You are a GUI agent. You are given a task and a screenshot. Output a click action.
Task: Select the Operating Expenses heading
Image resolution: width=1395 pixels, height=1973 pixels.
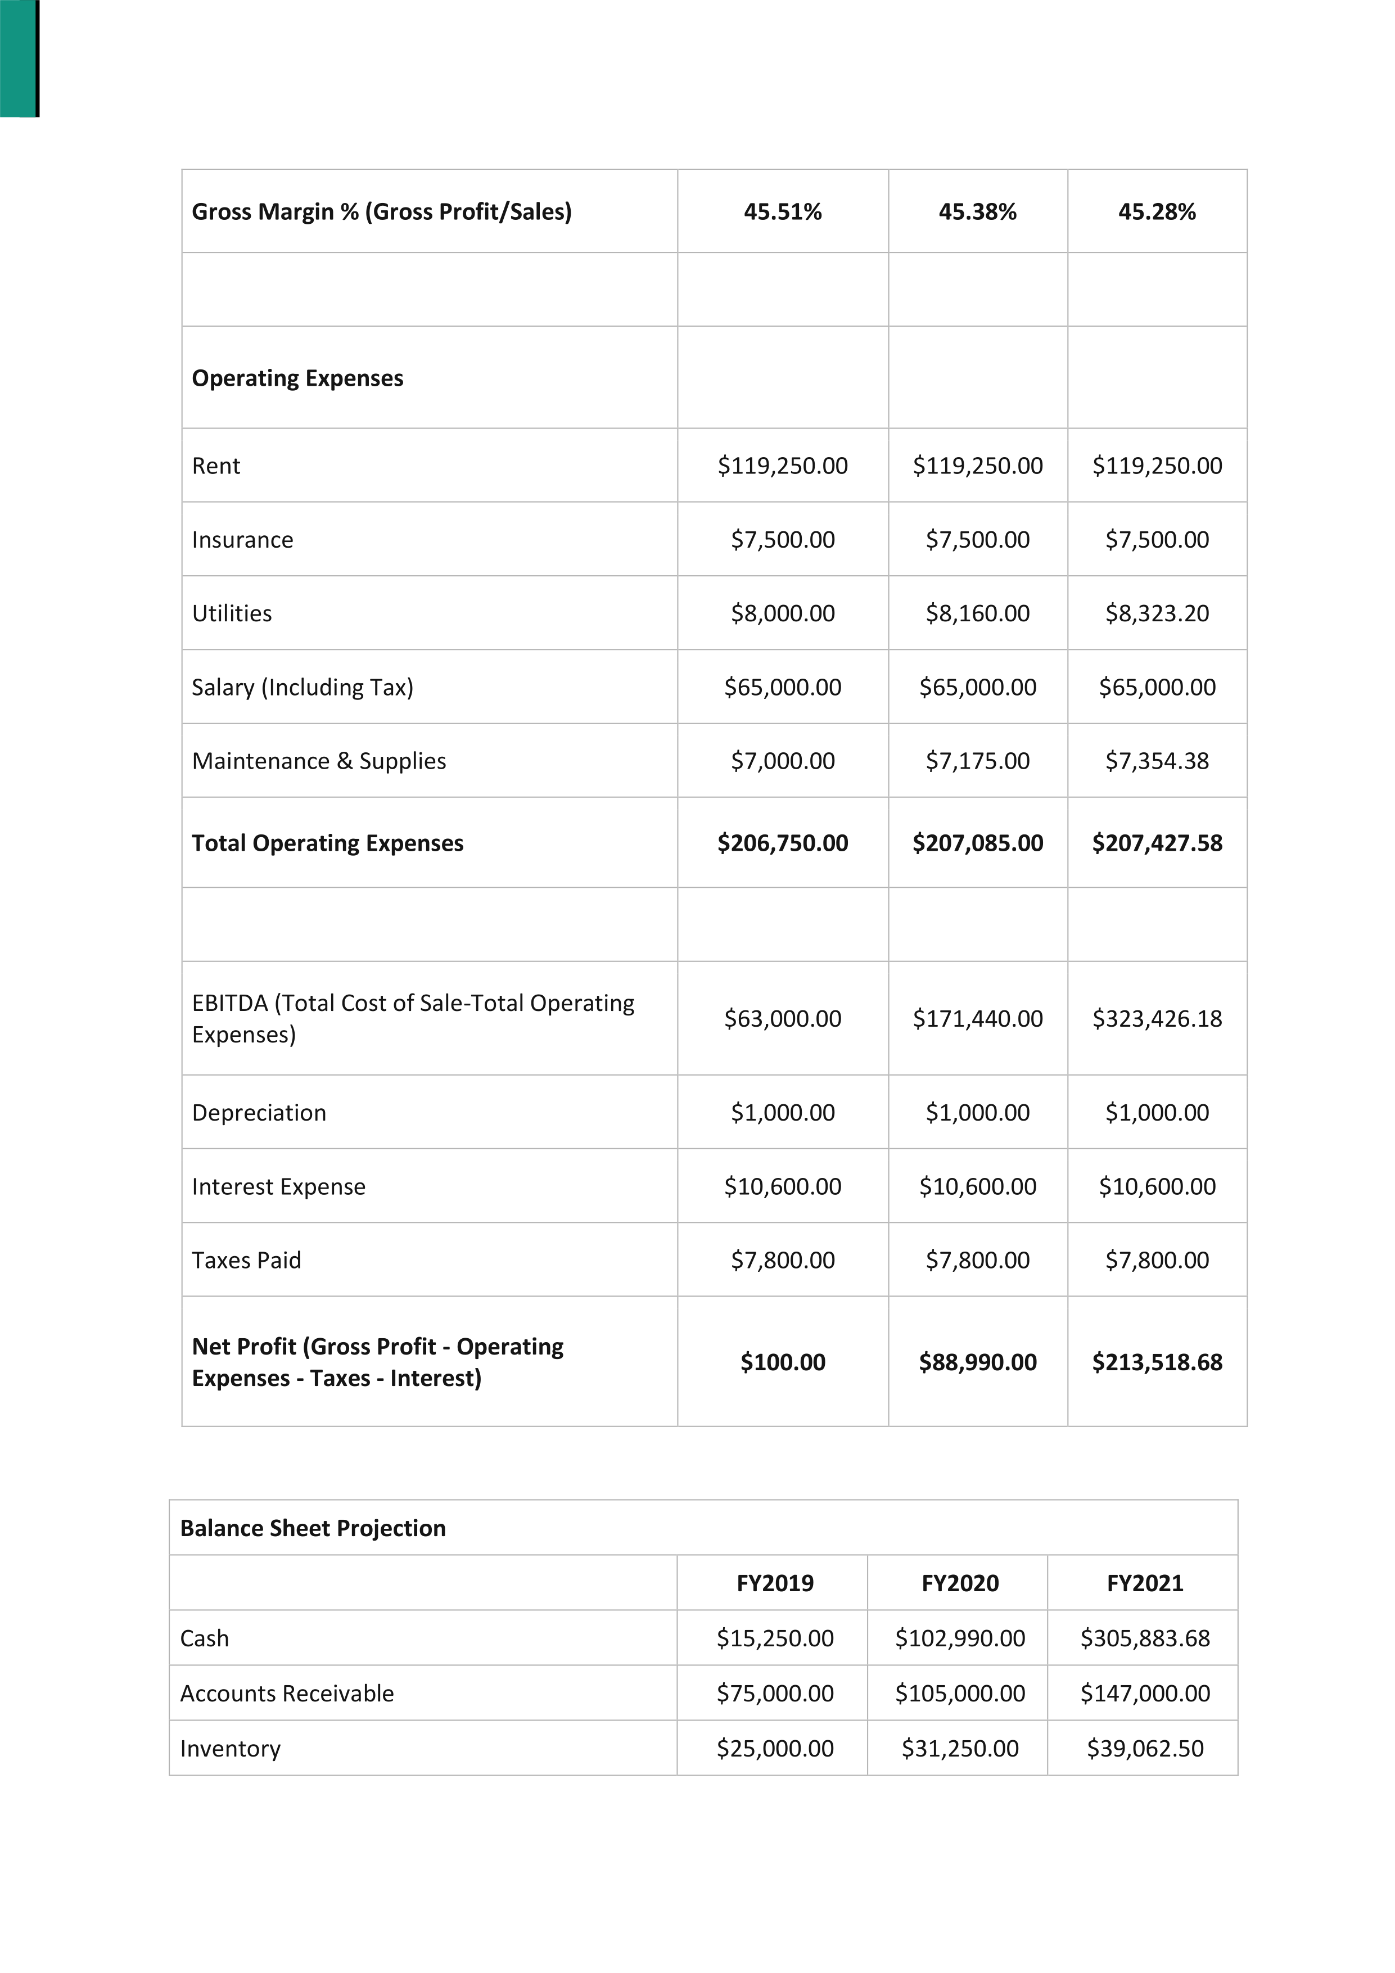click(297, 378)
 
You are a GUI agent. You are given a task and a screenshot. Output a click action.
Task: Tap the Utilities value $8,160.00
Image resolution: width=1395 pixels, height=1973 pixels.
click(977, 613)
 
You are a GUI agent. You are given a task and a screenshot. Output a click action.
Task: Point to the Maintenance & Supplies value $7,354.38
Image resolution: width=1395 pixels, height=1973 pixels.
click(1157, 761)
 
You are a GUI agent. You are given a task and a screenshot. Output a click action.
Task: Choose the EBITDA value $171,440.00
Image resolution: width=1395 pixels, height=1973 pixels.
click(977, 1018)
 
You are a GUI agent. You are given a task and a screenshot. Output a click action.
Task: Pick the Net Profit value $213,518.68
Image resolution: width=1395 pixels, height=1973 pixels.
click(1157, 1362)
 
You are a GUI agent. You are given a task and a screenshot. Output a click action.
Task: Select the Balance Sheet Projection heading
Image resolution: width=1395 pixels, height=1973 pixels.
click(313, 1528)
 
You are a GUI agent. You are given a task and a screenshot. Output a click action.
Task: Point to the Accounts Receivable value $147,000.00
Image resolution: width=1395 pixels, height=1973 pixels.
click(1145, 1693)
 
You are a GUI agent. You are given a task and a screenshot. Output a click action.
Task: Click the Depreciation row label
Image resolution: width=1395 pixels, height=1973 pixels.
click(259, 1113)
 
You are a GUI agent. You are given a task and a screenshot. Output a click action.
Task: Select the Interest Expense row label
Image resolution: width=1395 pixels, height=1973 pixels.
click(278, 1187)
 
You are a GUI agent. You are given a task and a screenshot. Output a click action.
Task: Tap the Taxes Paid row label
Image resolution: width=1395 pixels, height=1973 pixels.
click(247, 1261)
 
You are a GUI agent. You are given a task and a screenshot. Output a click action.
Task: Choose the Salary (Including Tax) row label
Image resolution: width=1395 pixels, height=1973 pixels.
click(303, 688)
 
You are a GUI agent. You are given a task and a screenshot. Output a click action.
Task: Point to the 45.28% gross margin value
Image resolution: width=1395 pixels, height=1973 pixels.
click(1157, 211)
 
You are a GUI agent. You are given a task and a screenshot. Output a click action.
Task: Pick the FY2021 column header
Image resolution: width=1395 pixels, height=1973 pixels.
click(1145, 1583)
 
